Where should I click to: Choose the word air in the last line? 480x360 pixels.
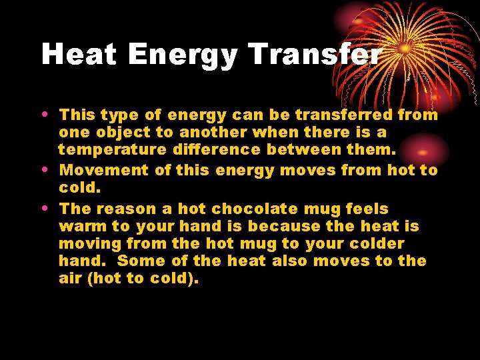(x=69, y=279)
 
